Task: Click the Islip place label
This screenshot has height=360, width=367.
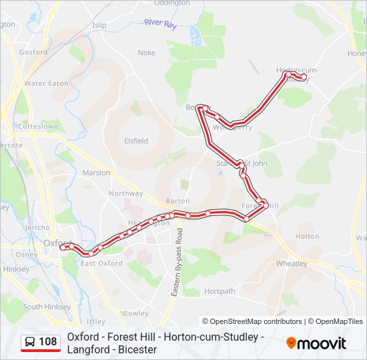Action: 99,25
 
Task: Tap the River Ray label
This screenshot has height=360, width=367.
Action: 159,23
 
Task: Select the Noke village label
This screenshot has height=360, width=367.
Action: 146,53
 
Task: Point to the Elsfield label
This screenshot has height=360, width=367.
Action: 136,141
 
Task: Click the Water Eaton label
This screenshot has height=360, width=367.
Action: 46,83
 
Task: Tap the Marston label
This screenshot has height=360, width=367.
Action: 96,173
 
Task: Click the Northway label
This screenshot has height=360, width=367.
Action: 126,193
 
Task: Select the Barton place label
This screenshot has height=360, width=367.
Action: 177,201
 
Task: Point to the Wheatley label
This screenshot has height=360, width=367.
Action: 292,263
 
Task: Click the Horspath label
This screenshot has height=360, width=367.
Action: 220,291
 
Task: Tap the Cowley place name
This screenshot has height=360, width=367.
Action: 136,313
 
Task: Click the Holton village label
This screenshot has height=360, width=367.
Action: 307,236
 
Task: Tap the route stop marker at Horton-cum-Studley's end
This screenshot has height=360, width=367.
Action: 304,77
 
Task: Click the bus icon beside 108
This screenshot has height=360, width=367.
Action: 30,342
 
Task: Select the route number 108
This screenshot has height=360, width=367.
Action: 48,342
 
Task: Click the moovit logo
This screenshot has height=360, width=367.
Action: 316,343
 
